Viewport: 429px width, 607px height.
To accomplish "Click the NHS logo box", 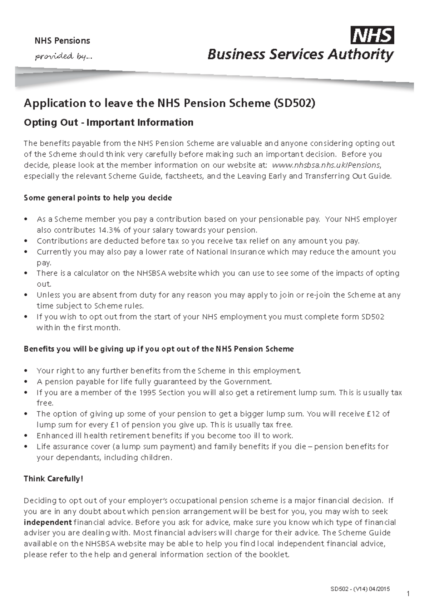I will pyautogui.click(x=372, y=35).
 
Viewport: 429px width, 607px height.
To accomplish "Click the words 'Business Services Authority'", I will pyautogui.click(x=300, y=54).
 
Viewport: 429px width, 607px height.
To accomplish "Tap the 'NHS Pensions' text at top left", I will pyautogui.click(x=62, y=40).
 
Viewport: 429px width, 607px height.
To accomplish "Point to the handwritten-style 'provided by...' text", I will pyautogui.click(x=63, y=56).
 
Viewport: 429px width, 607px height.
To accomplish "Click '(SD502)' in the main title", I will pyautogui.click(x=294, y=103).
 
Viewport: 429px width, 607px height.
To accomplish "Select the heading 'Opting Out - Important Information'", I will pyautogui.click(x=108, y=122).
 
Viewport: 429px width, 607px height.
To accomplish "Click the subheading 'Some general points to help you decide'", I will pyautogui.click(x=98, y=198).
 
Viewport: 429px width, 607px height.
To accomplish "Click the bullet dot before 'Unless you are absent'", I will pyautogui.click(x=26, y=295).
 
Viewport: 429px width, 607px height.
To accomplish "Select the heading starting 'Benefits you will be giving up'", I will pyautogui.click(x=158, y=349).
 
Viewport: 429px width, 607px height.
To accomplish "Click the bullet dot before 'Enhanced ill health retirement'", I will pyautogui.click(x=26, y=436).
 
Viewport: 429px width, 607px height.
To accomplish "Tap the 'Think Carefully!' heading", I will pyautogui.click(x=53, y=479).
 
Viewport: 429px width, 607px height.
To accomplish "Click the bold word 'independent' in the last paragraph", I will pyautogui.click(x=48, y=522).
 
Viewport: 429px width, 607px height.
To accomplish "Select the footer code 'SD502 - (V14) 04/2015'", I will pyautogui.click(x=360, y=589).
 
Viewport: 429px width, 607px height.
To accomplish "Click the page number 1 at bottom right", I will pyautogui.click(x=408, y=594).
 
